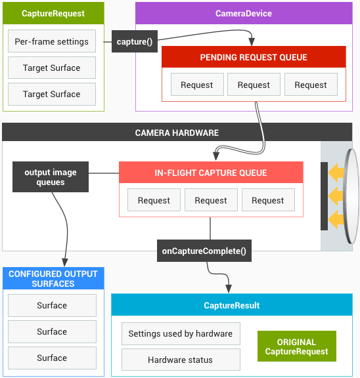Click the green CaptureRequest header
click(x=53, y=13)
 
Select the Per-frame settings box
click(x=52, y=41)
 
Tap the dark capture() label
click(x=134, y=42)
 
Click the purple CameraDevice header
click(x=244, y=13)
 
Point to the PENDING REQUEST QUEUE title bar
click(x=254, y=57)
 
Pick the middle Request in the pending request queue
click(x=254, y=85)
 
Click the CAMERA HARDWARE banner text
click(x=177, y=133)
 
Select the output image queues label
click(x=51, y=177)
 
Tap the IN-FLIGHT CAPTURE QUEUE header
click(x=211, y=173)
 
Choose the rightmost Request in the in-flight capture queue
click(x=268, y=201)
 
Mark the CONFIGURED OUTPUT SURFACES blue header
click(x=53, y=279)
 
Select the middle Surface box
click(x=52, y=331)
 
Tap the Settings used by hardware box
click(x=181, y=333)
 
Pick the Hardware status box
click(x=181, y=360)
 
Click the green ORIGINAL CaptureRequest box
click(x=296, y=346)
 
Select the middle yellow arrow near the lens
click(x=336, y=196)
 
